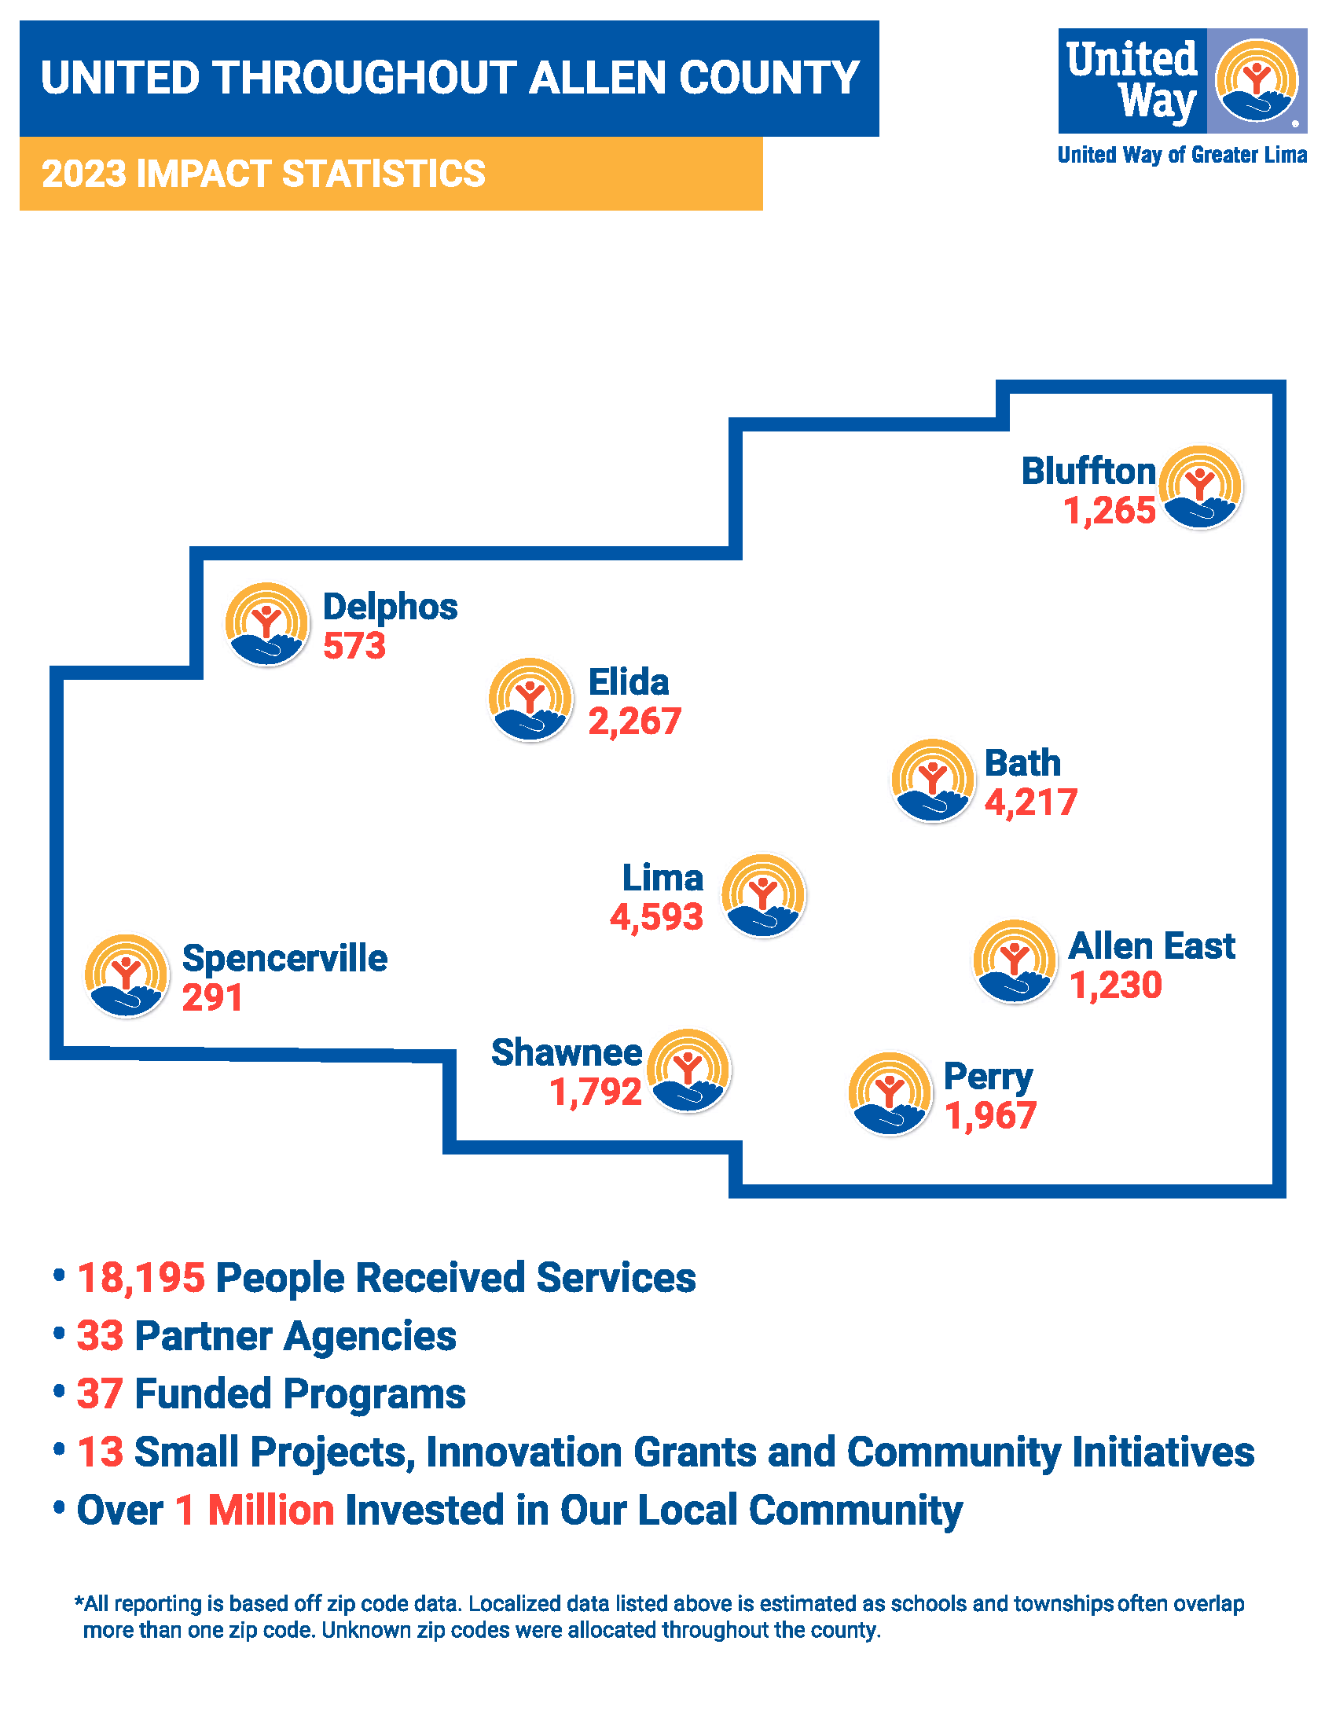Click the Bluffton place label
(x=1088, y=472)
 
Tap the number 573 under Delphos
(x=354, y=646)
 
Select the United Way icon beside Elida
(x=530, y=699)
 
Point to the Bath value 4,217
(x=1030, y=802)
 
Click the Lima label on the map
(x=662, y=878)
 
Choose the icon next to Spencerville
(x=127, y=976)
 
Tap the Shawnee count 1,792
(x=595, y=1092)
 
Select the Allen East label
(x=1151, y=946)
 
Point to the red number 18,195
(x=141, y=1279)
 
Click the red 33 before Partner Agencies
(x=101, y=1336)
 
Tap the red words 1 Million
(x=255, y=1510)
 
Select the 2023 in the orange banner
(x=84, y=174)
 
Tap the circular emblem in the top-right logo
(x=1257, y=81)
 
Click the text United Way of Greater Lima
(x=1182, y=155)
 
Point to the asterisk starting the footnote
(x=79, y=1602)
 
